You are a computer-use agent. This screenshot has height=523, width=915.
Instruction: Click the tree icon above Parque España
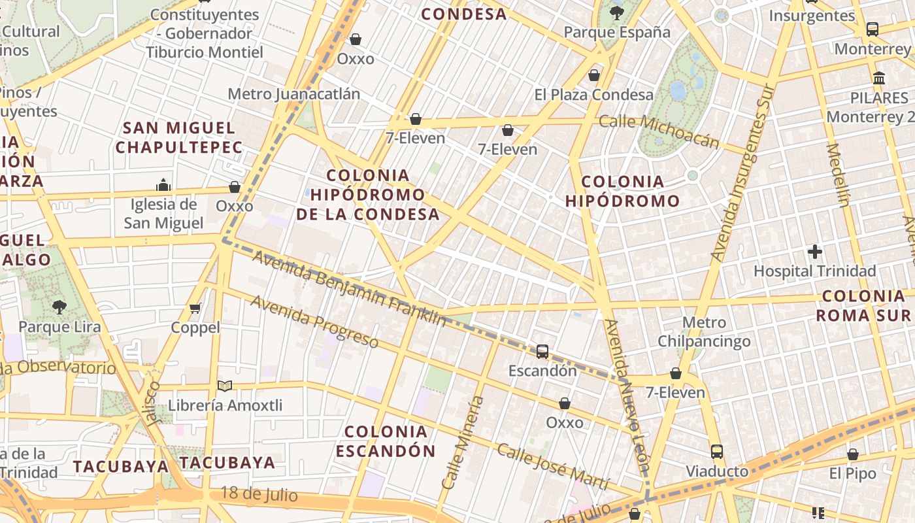click(616, 12)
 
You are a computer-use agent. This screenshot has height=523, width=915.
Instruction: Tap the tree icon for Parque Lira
click(59, 307)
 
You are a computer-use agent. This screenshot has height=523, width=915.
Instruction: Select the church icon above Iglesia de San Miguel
click(163, 185)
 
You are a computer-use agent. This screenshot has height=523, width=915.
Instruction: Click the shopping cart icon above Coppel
click(195, 307)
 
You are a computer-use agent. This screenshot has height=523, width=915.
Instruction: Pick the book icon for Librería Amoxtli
click(225, 386)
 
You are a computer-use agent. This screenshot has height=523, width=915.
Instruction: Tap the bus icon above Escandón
click(542, 351)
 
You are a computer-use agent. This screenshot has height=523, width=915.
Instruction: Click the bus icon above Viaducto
click(717, 451)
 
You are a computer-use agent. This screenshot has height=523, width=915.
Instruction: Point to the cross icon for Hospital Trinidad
click(814, 251)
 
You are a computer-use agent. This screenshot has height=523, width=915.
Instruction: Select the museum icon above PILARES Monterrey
click(879, 78)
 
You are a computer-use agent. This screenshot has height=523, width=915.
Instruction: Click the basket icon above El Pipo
click(852, 454)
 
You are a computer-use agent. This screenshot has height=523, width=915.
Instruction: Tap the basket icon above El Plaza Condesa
click(594, 75)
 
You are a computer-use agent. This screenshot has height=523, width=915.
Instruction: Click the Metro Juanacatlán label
click(293, 94)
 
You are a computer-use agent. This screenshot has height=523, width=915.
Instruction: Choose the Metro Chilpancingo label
click(704, 331)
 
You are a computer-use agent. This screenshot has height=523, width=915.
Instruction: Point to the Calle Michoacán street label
click(659, 131)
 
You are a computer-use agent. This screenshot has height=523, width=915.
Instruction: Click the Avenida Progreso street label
click(314, 322)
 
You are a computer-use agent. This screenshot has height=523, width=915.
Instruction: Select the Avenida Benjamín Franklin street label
click(349, 288)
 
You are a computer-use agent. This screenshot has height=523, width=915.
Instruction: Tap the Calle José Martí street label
click(553, 467)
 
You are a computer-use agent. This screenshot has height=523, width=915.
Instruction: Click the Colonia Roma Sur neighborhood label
click(863, 305)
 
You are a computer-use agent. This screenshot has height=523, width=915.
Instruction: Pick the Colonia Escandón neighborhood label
click(386, 441)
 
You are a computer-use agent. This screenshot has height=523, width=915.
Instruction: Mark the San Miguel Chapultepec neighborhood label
click(179, 137)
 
